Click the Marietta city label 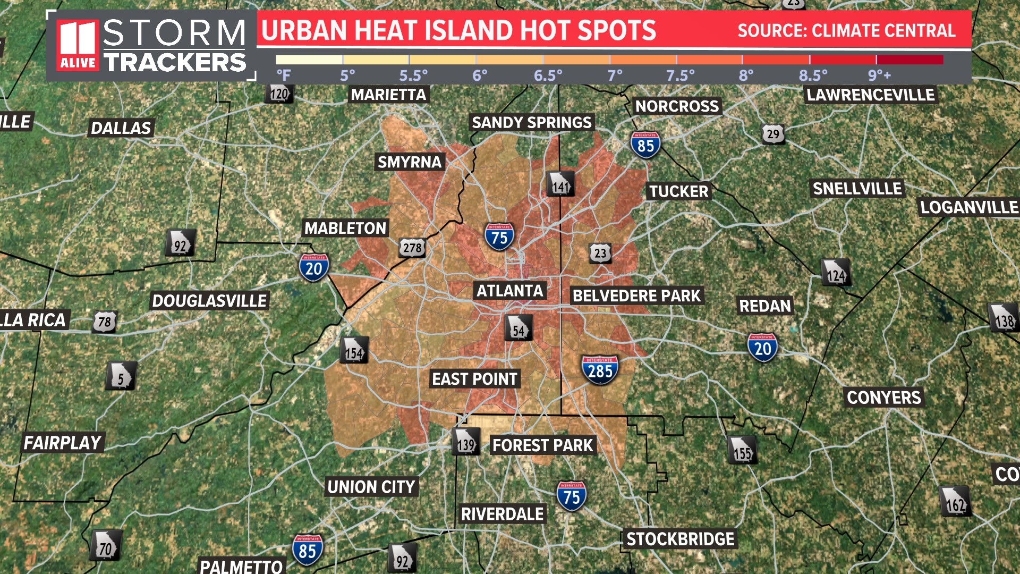388,95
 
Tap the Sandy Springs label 531,122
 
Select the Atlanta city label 509,291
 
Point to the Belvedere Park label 636,296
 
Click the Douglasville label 209,301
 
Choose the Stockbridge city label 680,539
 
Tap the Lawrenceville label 870,95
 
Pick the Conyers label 883,398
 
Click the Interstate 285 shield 600,369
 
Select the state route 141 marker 560,184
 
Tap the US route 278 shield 412,247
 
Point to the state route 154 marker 354,350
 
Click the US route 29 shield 773,134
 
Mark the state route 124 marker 836,273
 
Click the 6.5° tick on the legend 548,75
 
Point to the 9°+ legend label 879,75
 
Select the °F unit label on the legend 283,75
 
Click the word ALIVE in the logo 78,63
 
